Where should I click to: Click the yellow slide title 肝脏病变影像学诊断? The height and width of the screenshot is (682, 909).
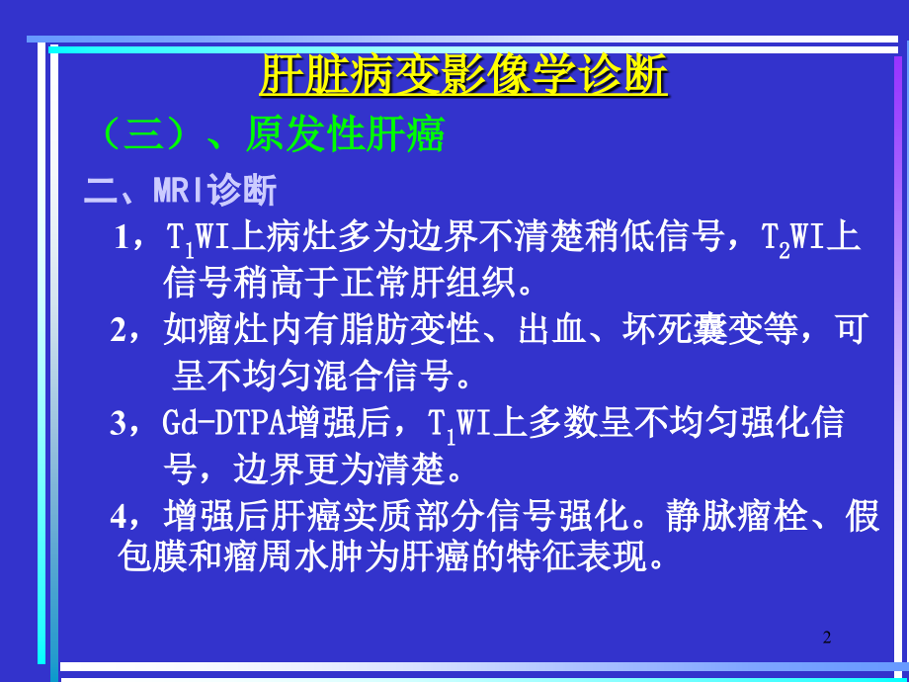[x=462, y=75]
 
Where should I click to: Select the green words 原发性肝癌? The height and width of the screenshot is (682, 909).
[x=345, y=133]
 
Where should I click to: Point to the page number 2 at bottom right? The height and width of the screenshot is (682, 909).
[x=827, y=638]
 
